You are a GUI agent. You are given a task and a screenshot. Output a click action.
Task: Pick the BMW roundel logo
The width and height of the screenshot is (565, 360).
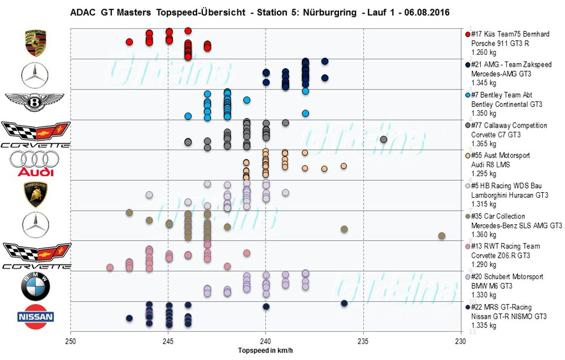pos(35,287)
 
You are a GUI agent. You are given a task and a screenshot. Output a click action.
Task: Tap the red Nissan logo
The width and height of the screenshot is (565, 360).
pos(36,317)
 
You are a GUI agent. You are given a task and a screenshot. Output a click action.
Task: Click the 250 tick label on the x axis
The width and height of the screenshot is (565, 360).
pos(71,342)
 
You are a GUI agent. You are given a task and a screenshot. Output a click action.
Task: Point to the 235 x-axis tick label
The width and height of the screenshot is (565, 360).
pos(363,342)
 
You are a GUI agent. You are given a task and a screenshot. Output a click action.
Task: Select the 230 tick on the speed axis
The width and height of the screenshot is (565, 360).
pos(461,342)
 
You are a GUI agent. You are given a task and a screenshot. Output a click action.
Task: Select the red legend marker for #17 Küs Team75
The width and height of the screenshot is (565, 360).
pos(467,35)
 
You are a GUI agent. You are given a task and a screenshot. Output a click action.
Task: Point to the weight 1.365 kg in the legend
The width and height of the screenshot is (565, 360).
pos(484,144)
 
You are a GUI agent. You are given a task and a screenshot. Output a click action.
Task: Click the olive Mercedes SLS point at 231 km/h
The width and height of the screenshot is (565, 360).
pos(441,236)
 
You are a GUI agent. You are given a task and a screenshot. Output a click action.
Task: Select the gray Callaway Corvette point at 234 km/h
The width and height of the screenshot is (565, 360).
pos(384,140)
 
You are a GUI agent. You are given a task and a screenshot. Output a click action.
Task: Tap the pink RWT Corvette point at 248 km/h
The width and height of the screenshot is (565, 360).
pos(110,267)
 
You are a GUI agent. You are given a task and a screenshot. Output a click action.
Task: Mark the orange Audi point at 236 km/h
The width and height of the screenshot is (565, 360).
pos(344,166)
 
